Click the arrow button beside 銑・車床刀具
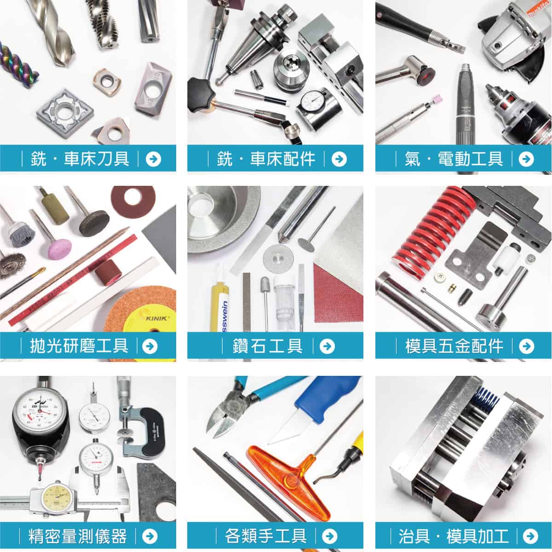pos(153,159)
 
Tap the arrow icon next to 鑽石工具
pos(327,346)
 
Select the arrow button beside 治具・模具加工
pos(530,536)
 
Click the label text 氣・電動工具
pos(454,159)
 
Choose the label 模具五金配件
pos(454,346)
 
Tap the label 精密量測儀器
pos(77,536)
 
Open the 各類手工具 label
pos(266,536)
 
